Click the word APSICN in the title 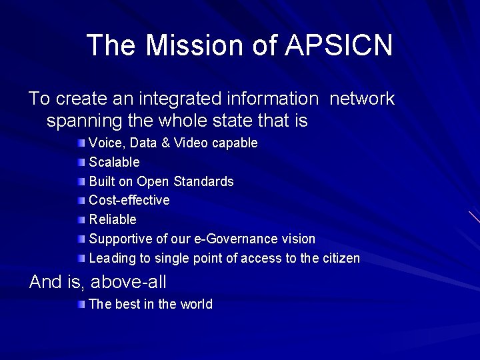(x=339, y=45)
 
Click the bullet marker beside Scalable (x=81, y=162)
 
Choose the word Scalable (x=114, y=162)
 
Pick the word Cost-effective (x=129, y=200)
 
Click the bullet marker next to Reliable (x=81, y=219)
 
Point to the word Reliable (x=113, y=219)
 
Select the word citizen (x=341, y=258)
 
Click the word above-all (x=129, y=282)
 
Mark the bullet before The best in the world (x=81, y=305)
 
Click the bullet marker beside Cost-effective (x=81, y=200)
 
